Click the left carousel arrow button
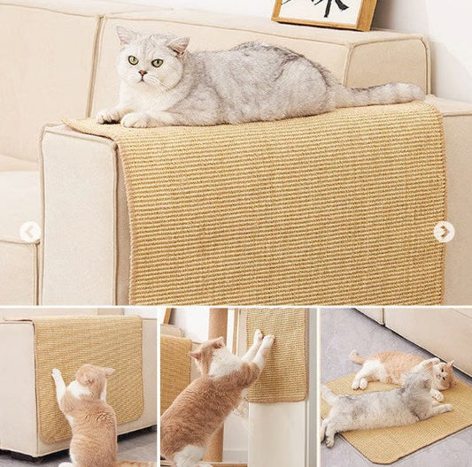click(x=30, y=232)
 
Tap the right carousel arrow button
click(x=444, y=232)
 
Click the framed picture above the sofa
click(x=324, y=12)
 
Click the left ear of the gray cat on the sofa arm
click(x=125, y=34)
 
